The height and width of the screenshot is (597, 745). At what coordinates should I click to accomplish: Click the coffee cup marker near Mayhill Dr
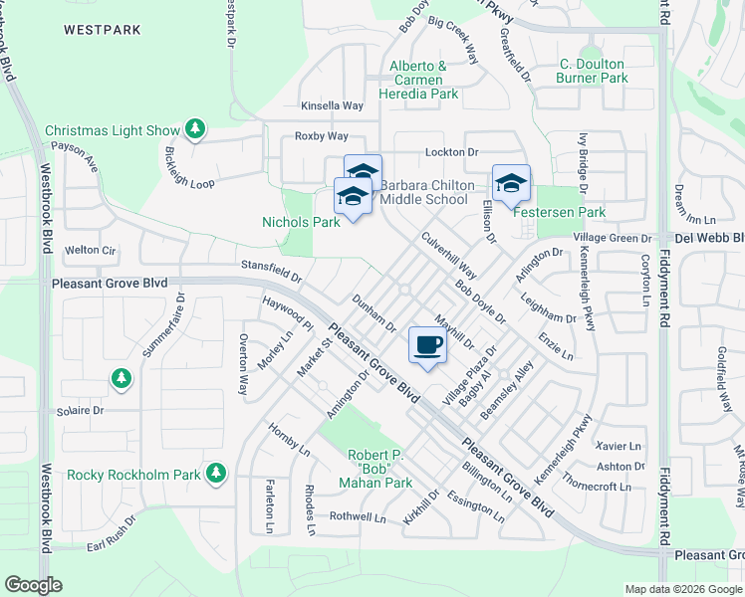[428, 345]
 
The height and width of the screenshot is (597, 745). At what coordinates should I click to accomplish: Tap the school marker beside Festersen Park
[511, 183]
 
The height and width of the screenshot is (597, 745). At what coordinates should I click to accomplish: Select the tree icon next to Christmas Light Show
[196, 129]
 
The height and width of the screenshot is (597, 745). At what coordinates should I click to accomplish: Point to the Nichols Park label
[301, 222]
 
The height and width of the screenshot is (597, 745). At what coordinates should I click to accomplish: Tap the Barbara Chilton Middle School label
[424, 192]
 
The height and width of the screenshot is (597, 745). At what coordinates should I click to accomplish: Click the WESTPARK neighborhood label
[103, 30]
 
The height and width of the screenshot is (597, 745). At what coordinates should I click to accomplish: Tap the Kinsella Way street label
[333, 105]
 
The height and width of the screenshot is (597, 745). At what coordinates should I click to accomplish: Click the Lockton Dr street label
[452, 151]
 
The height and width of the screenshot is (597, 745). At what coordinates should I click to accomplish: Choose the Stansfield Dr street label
[272, 266]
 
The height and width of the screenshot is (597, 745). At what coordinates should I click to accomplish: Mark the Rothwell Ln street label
[358, 517]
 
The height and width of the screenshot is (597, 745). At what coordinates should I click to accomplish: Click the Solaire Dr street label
[81, 410]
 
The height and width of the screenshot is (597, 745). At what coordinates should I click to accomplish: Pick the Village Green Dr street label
[614, 239]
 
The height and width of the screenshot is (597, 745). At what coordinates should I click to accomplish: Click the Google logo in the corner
[34, 585]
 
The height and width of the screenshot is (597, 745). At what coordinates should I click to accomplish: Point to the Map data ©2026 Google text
[683, 589]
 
